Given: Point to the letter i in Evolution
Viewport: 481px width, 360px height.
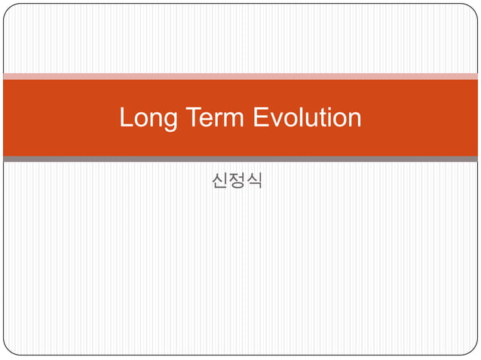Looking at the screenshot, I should pyautogui.click(x=326, y=117).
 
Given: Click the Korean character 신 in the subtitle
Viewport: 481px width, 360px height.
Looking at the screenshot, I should pyautogui.click(x=220, y=182).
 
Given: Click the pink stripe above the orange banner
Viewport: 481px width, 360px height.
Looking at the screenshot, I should pyautogui.click(x=240, y=76).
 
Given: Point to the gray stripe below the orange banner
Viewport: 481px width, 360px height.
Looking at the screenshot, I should pyautogui.click(x=240, y=159).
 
